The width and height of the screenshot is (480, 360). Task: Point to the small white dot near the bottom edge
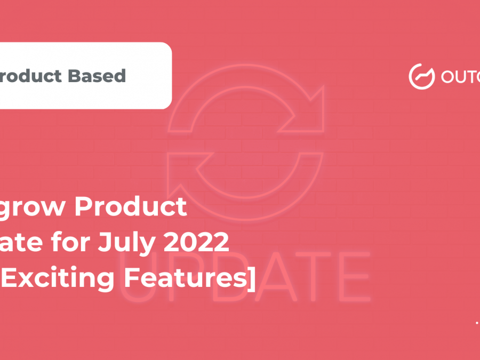tap(476, 323)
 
